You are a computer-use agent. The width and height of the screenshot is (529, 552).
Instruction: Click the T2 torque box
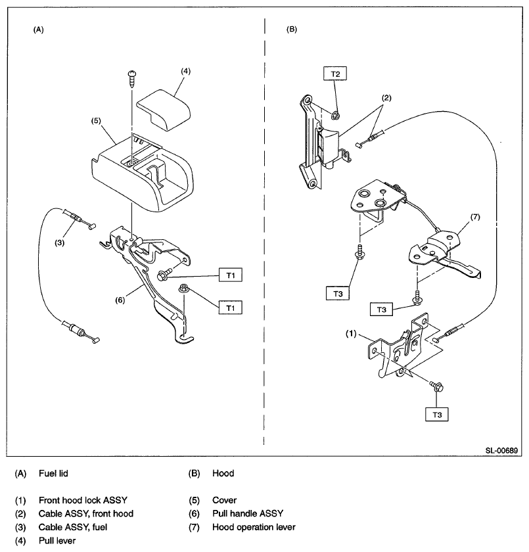[x=335, y=74]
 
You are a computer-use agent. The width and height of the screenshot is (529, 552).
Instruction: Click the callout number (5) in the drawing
[x=96, y=121]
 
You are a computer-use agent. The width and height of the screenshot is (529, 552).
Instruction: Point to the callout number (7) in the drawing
[x=475, y=217]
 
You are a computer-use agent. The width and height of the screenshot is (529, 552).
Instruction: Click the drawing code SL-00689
[x=501, y=450]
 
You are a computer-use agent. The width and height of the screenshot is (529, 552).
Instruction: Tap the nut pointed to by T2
[x=336, y=115]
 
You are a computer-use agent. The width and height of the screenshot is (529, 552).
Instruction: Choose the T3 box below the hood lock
[x=437, y=415]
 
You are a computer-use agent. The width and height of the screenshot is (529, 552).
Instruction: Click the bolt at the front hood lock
[x=436, y=386]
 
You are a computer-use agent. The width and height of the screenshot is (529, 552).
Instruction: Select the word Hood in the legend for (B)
[x=223, y=473]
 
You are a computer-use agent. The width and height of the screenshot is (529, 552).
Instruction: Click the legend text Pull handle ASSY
[x=248, y=514]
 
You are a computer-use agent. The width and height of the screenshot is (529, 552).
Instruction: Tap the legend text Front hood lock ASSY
[x=83, y=500]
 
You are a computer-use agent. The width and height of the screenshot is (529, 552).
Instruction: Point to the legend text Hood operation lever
[x=254, y=527]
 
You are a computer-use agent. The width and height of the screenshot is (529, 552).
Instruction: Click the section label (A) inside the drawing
[x=38, y=30]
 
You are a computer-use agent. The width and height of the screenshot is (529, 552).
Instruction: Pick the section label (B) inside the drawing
[x=291, y=29]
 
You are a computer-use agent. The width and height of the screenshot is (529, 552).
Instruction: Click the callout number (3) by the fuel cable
[x=60, y=242]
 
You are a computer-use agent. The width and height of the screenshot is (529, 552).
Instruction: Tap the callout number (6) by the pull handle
[x=120, y=300]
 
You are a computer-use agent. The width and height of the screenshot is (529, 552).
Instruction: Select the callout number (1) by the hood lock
[x=351, y=334]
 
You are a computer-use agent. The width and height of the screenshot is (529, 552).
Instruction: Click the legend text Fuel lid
[x=53, y=473]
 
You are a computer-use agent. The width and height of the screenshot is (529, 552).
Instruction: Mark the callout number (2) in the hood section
[x=386, y=98]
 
